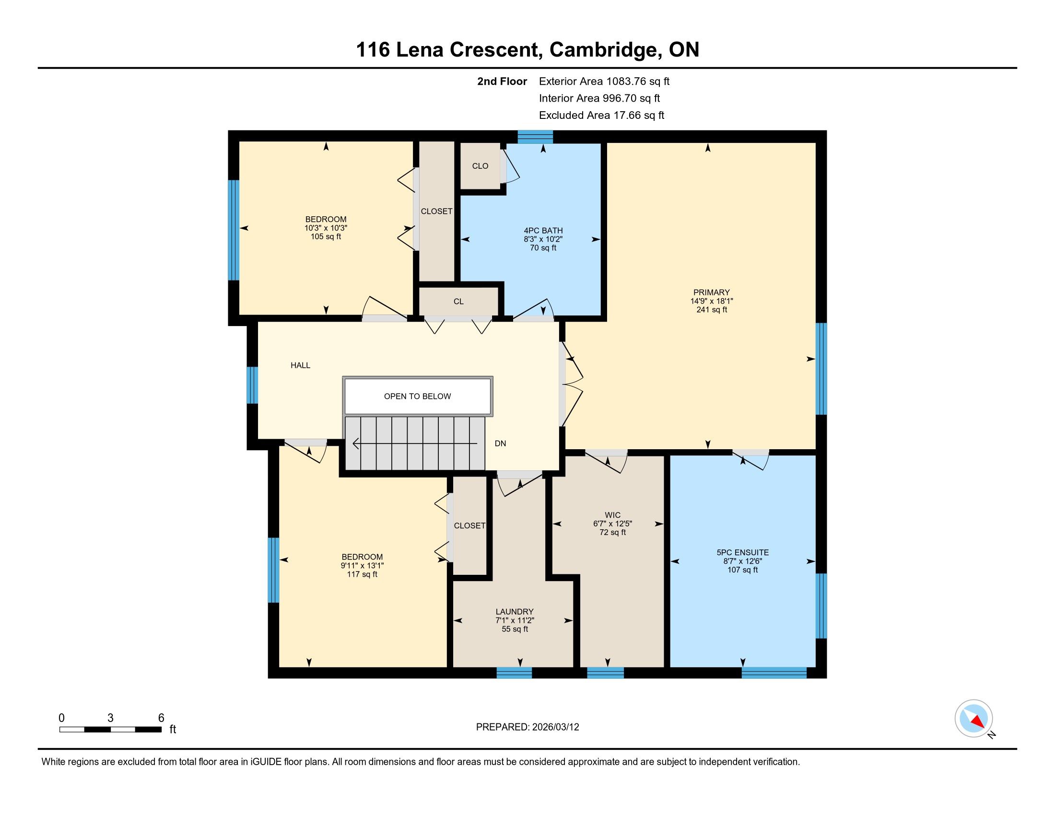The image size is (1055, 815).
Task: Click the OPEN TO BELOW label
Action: pos(417,396)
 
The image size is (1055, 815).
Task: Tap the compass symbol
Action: pos(973,719)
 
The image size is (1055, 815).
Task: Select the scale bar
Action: pos(111,729)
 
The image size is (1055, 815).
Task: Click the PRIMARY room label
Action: pos(712,292)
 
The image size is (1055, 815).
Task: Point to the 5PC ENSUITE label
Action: pos(742,552)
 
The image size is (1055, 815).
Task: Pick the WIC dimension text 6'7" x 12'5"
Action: pos(612,524)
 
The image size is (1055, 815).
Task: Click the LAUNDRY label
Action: pos(515,612)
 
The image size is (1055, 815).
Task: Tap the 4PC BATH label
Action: pos(543,231)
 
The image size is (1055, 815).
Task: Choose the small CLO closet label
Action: pos(480,166)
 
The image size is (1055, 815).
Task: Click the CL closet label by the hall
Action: pos(458,302)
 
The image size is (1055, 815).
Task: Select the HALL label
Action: pos(301,365)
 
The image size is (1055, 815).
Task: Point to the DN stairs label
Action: pos(501,443)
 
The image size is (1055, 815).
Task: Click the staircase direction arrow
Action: pos(415,443)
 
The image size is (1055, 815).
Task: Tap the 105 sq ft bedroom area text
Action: pos(326,236)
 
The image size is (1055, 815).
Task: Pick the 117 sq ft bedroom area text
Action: pos(362,574)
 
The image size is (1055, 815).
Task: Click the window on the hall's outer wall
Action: pos(252,385)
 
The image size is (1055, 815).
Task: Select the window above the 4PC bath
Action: pos(535,137)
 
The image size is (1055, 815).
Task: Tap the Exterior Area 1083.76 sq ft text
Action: pos(604,81)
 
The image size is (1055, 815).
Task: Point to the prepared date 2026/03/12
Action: pos(554,727)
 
